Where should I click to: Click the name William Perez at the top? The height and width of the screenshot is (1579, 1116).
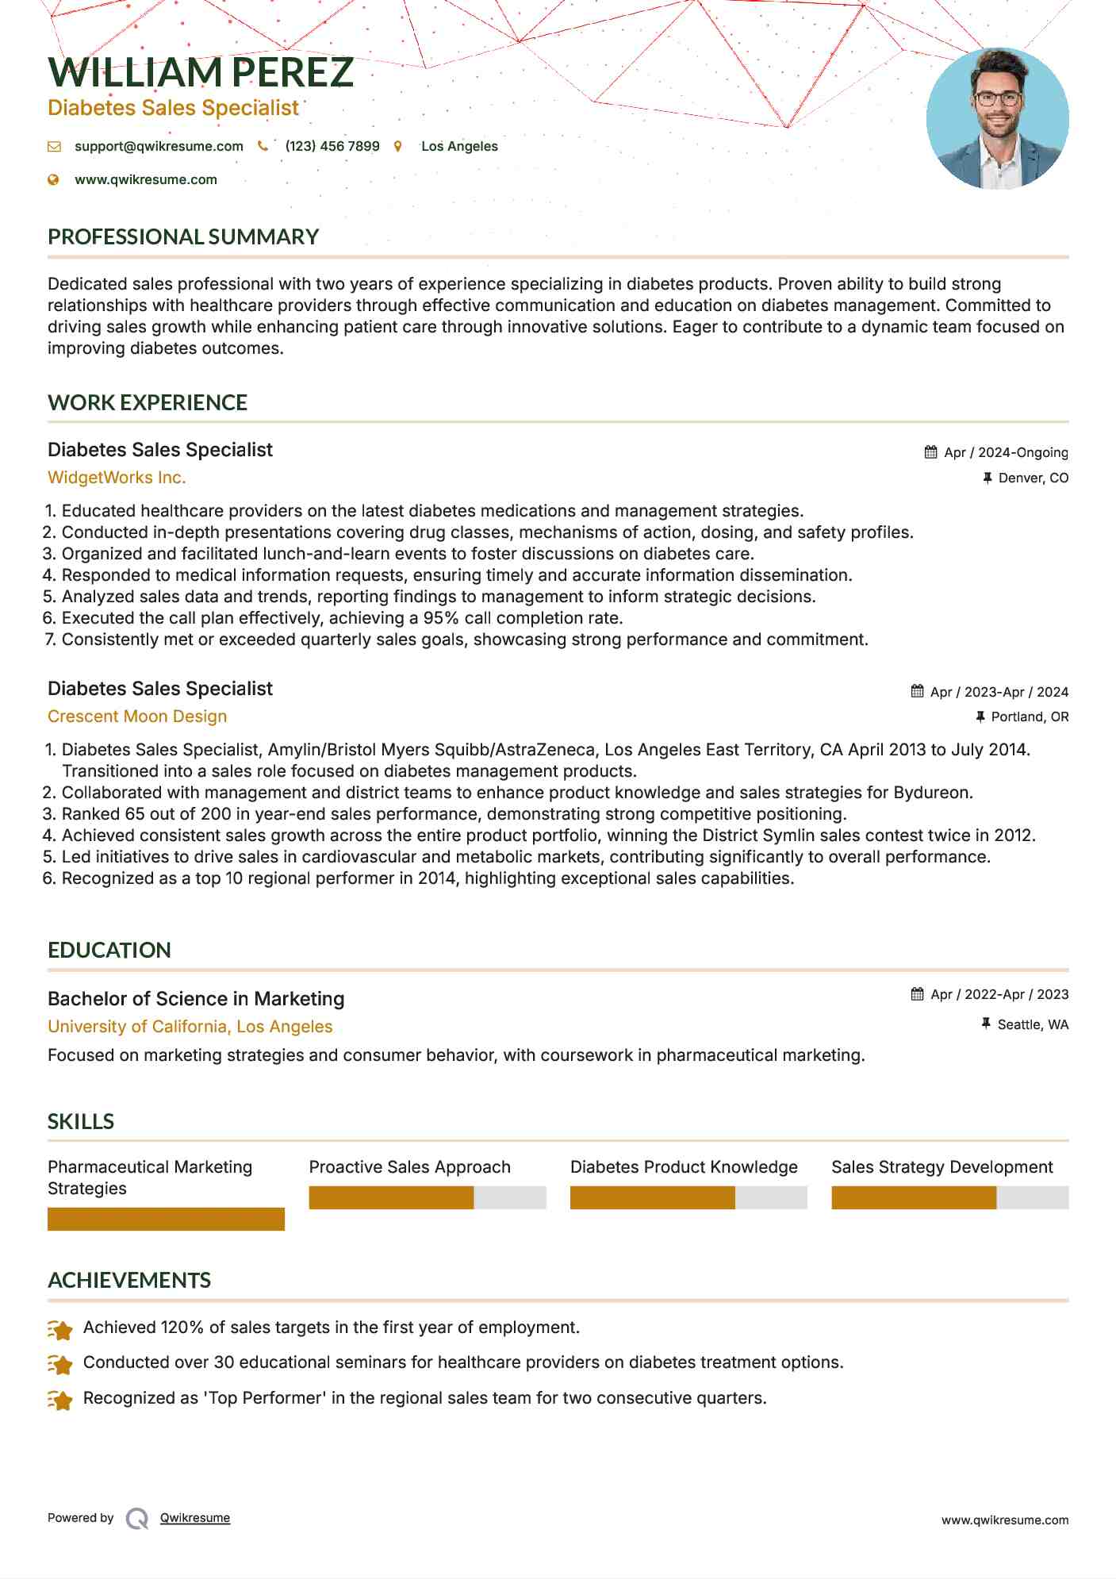coord(200,73)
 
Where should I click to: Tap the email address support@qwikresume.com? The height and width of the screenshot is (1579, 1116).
coord(159,147)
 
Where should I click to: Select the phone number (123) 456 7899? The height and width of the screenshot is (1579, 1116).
coord(332,147)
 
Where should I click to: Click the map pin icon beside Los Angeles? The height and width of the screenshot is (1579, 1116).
coord(398,147)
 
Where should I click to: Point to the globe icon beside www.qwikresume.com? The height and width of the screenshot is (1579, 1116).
coord(54,180)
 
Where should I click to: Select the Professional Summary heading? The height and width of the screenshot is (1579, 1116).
coord(183,237)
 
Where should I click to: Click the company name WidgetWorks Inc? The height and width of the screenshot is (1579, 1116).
coord(117,478)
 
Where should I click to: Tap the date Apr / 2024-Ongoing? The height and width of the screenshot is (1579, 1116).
coord(1006,453)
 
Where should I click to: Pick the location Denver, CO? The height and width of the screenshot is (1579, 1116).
coord(1033,478)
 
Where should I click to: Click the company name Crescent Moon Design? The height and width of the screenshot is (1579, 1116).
coord(137,717)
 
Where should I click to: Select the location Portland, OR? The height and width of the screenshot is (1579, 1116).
coord(1030,717)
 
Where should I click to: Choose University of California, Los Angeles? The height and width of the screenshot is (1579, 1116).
coord(190,1027)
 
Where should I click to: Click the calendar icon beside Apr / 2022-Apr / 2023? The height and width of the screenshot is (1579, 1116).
coord(918,994)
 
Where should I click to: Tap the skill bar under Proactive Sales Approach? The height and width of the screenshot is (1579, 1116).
coord(427,1197)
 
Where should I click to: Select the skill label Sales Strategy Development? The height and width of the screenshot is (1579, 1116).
coord(942,1167)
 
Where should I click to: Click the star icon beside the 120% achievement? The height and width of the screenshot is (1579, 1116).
coord(60,1329)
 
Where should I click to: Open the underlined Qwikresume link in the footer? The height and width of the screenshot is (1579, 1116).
coord(195,1518)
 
